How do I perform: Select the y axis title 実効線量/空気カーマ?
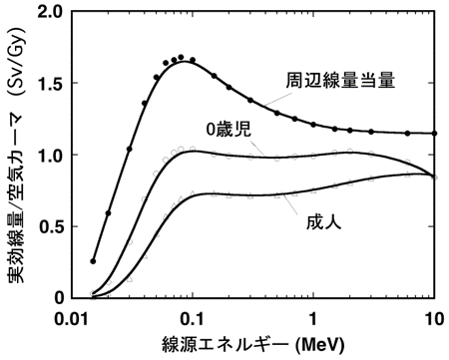17,204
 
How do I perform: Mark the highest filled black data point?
181,58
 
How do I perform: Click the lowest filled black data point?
93,261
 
